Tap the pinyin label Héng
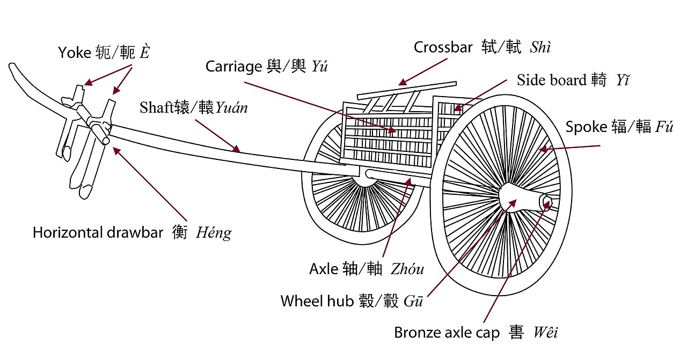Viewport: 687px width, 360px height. click(214, 233)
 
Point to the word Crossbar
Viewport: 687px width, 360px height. click(443, 47)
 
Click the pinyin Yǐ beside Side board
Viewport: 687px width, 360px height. click(623, 80)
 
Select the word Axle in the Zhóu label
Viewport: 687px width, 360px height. click(324, 269)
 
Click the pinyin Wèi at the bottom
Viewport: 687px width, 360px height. click(545, 333)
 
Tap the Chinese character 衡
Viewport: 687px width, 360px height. click(179, 233)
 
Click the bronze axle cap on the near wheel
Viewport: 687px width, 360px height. click(546, 202)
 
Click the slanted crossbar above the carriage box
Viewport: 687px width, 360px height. click(408, 91)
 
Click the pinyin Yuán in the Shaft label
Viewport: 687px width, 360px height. click(232, 107)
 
